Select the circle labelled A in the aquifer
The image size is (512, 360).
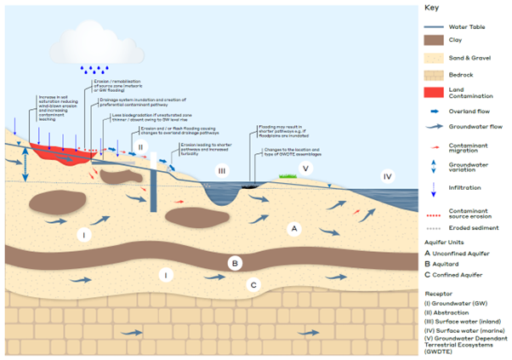click(x=294, y=228)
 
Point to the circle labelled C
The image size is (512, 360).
click(x=253, y=284)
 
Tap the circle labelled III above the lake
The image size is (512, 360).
click(x=223, y=171)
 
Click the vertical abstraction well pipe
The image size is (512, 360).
click(x=151, y=186)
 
